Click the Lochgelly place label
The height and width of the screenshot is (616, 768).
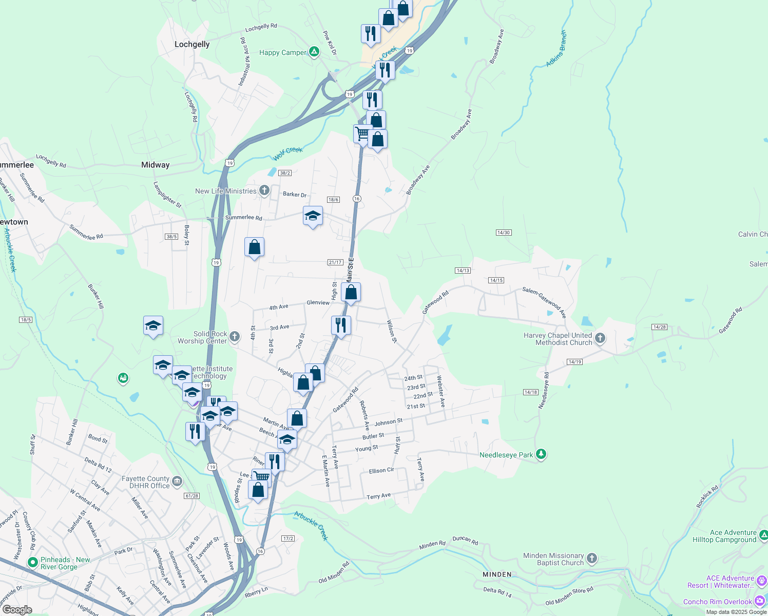point(192,44)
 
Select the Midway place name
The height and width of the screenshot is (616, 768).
point(155,165)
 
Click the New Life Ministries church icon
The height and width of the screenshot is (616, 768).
point(264,191)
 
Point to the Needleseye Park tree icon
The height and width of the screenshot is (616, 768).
point(541,454)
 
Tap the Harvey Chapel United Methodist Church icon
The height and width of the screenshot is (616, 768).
point(600,338)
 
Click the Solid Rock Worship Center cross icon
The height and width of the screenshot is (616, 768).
point(234,337)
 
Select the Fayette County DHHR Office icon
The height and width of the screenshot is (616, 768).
point(177,481)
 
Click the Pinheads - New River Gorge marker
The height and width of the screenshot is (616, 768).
point(33,563)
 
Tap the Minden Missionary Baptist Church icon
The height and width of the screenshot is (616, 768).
point(591,559)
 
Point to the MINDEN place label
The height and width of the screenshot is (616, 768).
point(497,574)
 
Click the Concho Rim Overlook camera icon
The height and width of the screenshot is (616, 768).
point(760,601)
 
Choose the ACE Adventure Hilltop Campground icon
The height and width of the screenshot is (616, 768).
point(763,535)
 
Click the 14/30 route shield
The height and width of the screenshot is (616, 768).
point(503,233)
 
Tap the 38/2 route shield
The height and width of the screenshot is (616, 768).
point(285,173)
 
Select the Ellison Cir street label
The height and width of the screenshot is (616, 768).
point(381,471)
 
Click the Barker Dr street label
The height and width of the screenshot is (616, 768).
point(295,195)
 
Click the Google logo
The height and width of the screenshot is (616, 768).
point(17,610)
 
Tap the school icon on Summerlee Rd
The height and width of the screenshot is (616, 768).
point(313,216)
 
